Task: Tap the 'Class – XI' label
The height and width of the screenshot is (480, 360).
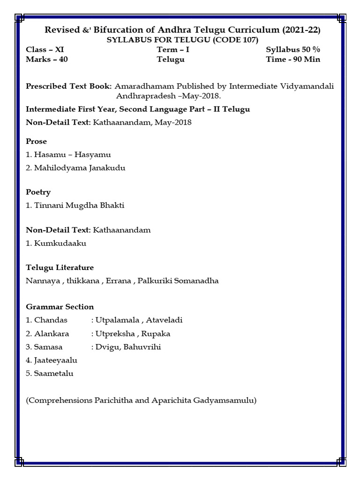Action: tap(45, 50)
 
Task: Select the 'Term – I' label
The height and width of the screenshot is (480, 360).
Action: tap(173, 50)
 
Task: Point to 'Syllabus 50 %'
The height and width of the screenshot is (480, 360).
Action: tap(293, 50)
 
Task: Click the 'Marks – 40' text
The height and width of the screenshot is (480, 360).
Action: tap(47, 60)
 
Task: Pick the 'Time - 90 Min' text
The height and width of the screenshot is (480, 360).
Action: tap(293, 60)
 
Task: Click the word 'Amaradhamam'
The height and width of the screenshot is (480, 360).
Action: tap(141, 86)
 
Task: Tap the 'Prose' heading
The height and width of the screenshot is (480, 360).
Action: tap(37, 141)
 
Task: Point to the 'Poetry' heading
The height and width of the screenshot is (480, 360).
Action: tap(38, 192)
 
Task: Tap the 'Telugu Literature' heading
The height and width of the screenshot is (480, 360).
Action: tap(60, 268)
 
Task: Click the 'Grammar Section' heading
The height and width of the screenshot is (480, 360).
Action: tap(60, 307)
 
